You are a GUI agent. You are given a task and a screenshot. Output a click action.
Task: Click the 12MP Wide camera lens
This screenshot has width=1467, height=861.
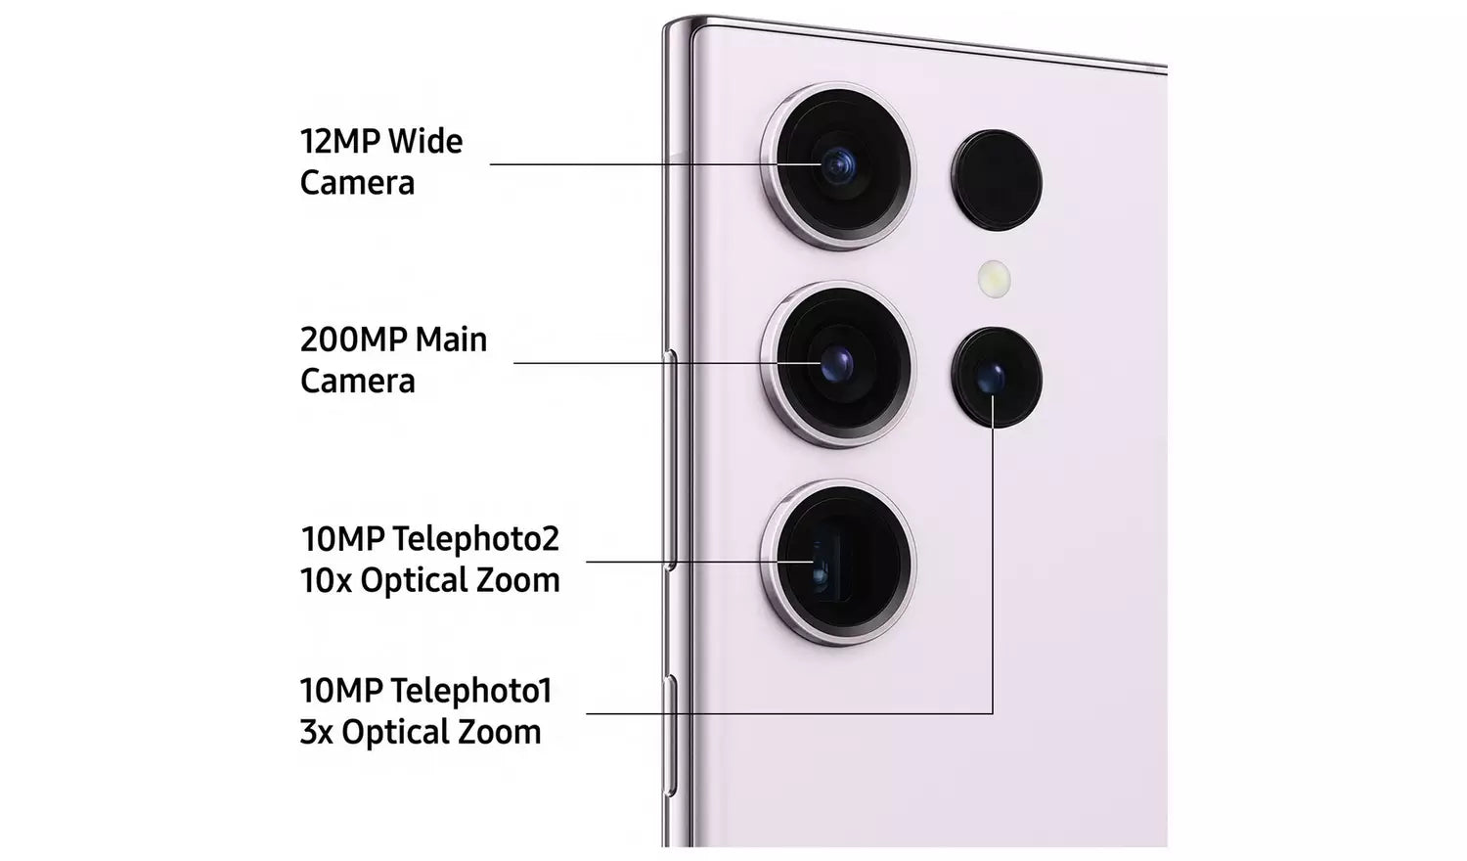[x=838, y=165]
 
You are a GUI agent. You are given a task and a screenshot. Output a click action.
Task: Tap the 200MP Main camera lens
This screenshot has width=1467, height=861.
[x=838, y=364]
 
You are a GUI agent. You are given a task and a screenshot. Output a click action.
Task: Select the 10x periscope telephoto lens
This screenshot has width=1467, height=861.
[x=838, y=563]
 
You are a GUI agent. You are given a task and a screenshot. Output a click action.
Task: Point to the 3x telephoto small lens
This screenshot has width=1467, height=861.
[x=997, y=378]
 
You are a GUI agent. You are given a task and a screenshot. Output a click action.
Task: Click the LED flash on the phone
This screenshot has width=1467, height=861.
[x=995, y=279]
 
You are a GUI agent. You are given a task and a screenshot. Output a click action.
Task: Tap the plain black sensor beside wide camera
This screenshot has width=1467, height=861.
[x=997, y=180]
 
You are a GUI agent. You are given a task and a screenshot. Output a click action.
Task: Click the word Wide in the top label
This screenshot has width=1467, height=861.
[x=425, y=142]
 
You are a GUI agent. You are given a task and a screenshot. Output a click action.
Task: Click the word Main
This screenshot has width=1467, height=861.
[x=451, y=340]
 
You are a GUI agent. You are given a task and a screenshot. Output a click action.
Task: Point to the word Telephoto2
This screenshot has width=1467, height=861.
[x=476, y=539]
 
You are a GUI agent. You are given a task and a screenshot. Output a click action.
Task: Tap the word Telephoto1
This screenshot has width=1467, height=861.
[x=472, y=691]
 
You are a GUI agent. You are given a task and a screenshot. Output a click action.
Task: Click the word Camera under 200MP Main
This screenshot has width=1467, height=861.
[x=358, y=382]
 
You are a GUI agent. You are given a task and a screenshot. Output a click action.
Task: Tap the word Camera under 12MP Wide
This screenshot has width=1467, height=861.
[x=358, y=183]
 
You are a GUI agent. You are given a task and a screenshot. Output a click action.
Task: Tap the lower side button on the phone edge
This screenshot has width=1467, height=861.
[x=670, y=736]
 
